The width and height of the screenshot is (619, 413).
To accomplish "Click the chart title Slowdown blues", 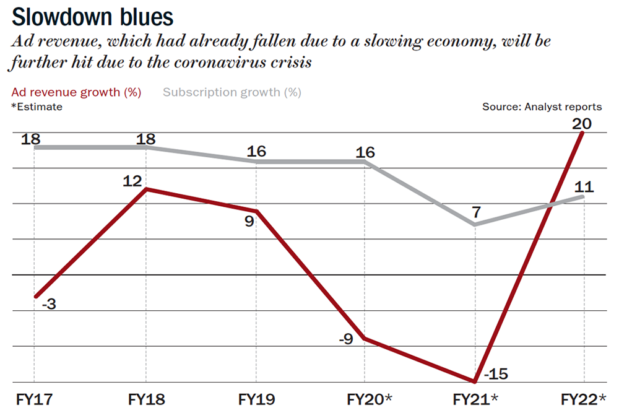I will coord(92,16).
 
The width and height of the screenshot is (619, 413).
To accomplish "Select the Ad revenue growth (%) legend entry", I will coord(76,93).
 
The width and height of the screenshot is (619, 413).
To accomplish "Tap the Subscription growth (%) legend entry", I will coord(232,93).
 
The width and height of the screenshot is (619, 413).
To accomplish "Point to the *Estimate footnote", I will coord(37,107).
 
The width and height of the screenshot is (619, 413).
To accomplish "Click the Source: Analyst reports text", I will coord(542,107).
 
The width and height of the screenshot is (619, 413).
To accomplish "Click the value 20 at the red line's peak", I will coord(582,124).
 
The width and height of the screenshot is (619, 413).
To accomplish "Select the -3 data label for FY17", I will coord(50,304).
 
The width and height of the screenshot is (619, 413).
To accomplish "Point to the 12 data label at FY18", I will coord(133,181).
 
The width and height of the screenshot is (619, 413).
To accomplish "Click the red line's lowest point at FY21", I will coord(475,381).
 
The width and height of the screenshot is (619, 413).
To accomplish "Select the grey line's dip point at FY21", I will coord(475,224).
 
